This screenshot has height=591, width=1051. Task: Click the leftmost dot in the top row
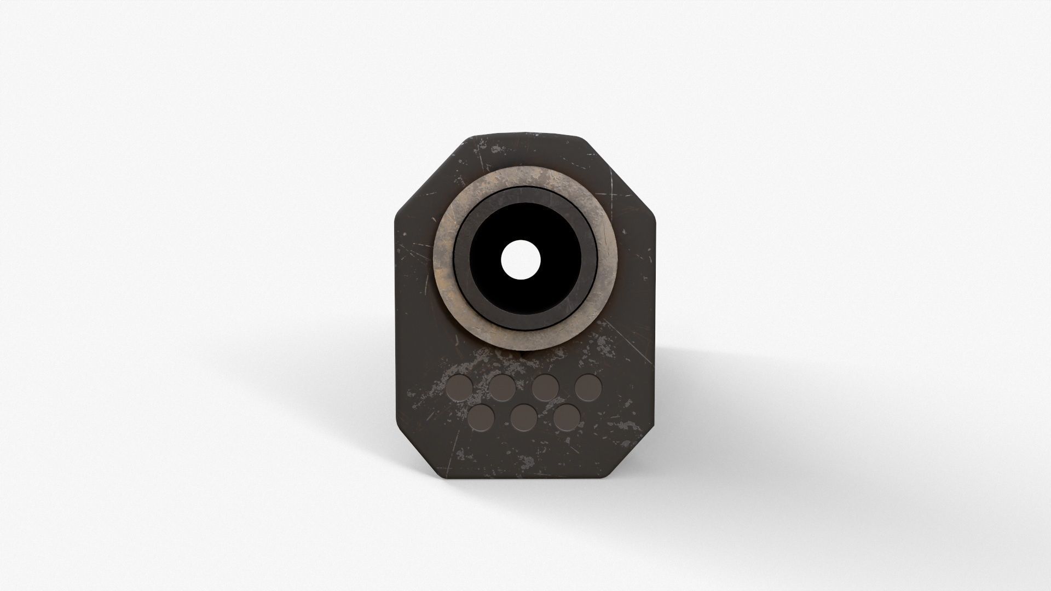click(x=459, y=388)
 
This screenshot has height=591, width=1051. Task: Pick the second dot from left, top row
click(x=502, y=388)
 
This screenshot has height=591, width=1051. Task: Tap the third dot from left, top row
click(x=545, y=388)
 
